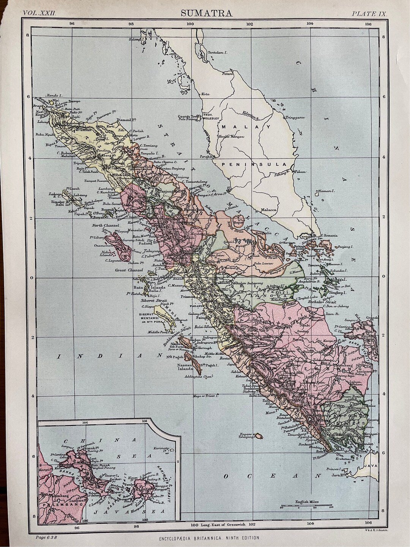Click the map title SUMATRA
pyautogui.click(x=206, y=13)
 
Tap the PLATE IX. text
pyautogui.click(x=369, y=14)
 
